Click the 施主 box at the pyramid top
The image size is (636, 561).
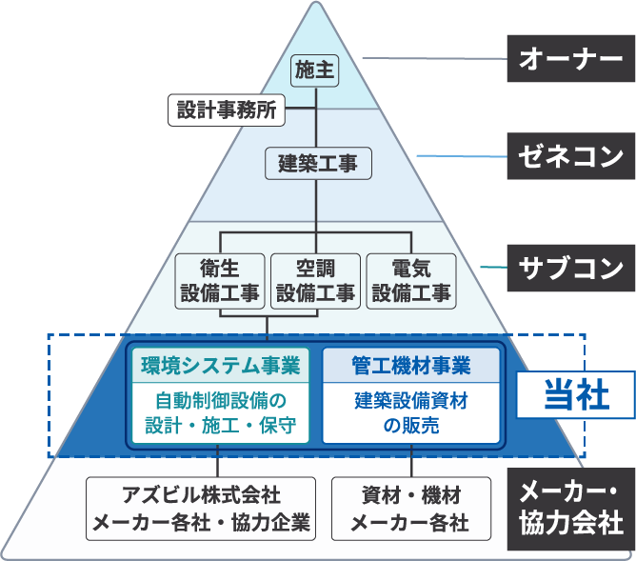coord(316,70)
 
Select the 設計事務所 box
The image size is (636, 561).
coord(227,110)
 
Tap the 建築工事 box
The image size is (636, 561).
coord(317,163)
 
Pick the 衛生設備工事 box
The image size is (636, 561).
coord(219,280)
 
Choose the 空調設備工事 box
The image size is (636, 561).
coord(316,280)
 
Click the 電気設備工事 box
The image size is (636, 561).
coord(410,280)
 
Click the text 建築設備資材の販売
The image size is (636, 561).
coord(411,412)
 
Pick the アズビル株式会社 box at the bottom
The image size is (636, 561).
coord(200,508)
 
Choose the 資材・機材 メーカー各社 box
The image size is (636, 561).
coord(411,508)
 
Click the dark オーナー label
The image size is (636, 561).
coord(570,60)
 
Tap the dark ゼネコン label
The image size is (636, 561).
coord(570,155)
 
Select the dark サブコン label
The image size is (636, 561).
coord(570,268)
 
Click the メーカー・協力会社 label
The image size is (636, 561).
coord(570,508)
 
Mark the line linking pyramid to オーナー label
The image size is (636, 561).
coord(433,60)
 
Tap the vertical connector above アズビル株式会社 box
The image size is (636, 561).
coord(220,461)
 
